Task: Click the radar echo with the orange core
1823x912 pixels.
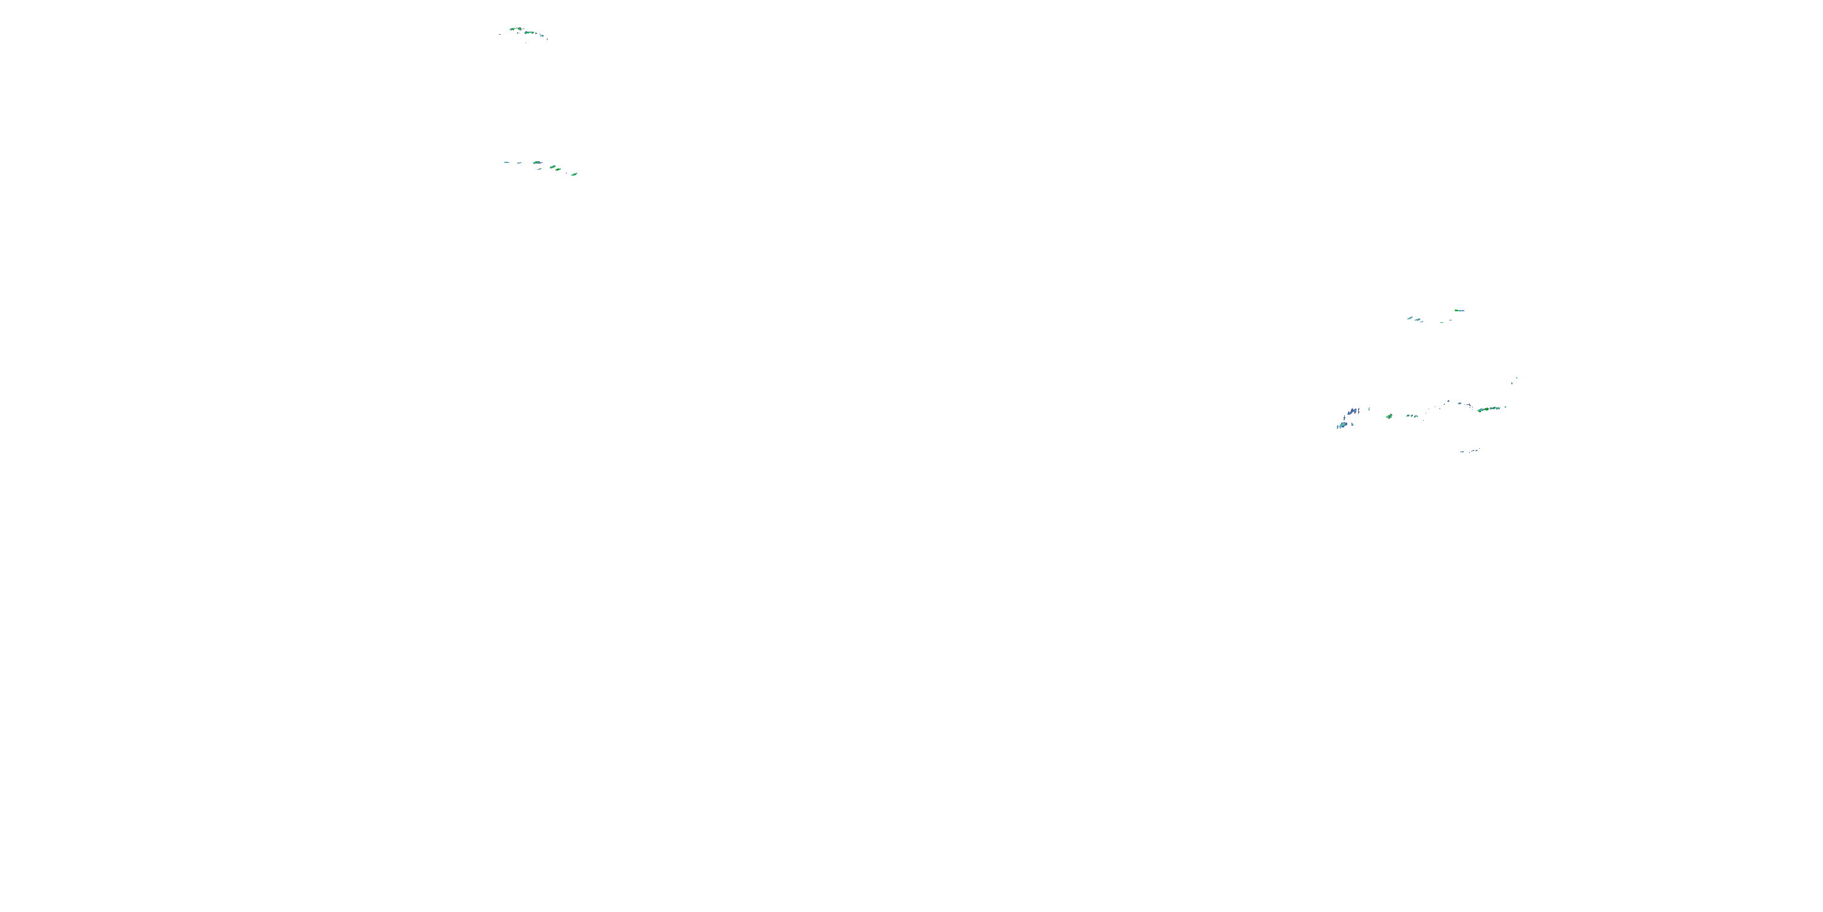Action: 520,29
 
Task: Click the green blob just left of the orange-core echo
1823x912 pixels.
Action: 513,29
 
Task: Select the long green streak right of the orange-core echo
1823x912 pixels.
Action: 530,33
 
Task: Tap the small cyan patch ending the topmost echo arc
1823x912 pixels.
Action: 542,36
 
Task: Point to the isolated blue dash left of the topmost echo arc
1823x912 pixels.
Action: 500,35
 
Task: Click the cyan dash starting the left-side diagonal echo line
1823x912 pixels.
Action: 507,163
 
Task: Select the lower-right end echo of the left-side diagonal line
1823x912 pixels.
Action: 575,174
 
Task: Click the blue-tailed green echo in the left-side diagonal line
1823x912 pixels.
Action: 537,163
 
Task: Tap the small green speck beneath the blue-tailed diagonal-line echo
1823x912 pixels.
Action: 540,169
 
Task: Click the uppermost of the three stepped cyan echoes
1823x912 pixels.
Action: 1410,318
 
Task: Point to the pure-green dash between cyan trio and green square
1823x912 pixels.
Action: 1441,323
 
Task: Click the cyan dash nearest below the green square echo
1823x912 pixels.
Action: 1451,320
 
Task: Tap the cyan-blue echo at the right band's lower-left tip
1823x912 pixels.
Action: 1343,425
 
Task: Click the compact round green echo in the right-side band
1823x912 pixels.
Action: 1390,416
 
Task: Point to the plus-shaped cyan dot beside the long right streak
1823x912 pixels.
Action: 1506,407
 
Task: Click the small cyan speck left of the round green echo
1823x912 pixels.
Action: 1369,409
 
